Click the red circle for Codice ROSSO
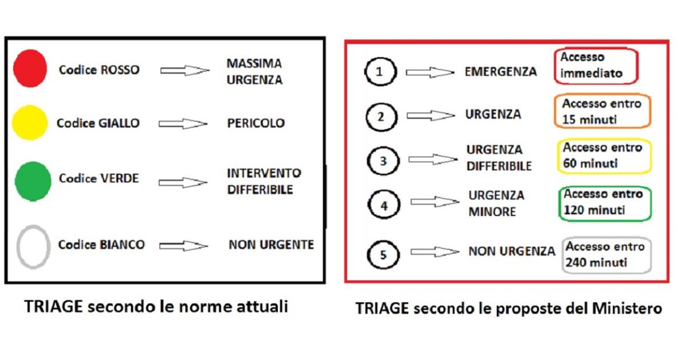click(31, 69)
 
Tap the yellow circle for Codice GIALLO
click(29, 123)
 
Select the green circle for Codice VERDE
click(31, 181)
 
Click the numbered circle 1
click(378, 72)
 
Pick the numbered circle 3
click(383, 161)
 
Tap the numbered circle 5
click(383, 254)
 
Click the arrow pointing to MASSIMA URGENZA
click(185, 70)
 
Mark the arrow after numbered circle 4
click(434, 202)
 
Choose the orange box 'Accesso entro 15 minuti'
click(602, 112)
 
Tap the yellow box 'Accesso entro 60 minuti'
click(604, 155)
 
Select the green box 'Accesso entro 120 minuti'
click(605, 202)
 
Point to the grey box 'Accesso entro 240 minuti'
click(607, 255)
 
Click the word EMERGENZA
click(501, 72)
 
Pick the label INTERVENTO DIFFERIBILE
click(264, 181)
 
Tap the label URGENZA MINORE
click(496, 203)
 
